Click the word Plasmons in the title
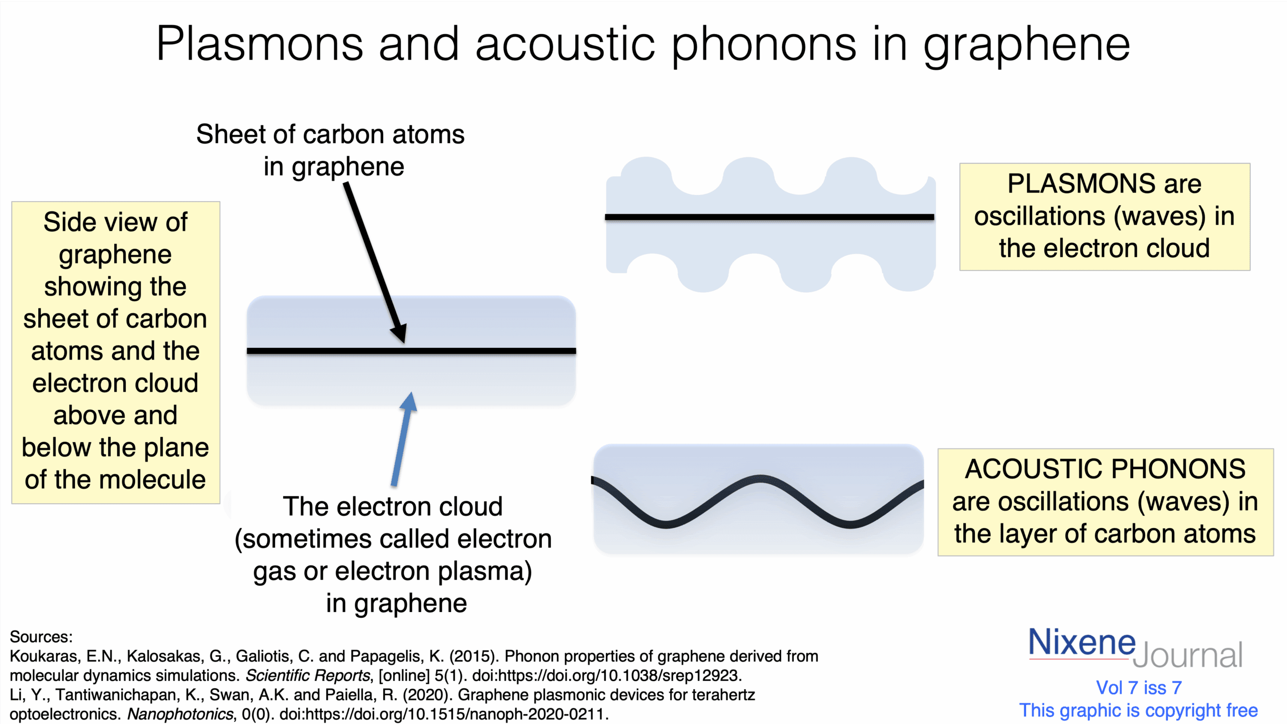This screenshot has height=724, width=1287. pos(259,44)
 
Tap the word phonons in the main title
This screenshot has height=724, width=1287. pos(764,46)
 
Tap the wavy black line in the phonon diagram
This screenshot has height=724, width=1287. pos(758,501)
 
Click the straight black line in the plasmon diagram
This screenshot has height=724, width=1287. pos(769,217)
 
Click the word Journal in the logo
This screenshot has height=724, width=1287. pos(1187,655)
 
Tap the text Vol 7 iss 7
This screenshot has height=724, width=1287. pos(1139,687)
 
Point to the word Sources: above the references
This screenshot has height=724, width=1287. pos(41,637)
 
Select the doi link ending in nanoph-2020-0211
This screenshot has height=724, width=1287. pos(443,714)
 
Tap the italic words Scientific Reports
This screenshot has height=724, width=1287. pos(308,675)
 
